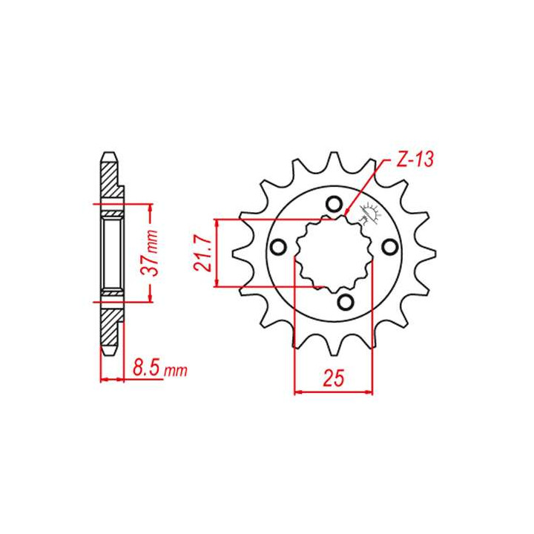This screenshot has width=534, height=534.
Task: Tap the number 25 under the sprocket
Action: click(333, 379)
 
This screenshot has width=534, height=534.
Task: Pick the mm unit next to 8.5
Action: click(175, 370)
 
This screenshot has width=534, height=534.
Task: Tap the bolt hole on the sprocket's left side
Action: click(279, 246)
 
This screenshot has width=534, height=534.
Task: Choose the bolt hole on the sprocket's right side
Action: click(387, 246)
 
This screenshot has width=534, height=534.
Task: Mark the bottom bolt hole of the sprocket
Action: click(345, 300)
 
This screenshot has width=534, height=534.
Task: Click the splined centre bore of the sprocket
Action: click(333, 254)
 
